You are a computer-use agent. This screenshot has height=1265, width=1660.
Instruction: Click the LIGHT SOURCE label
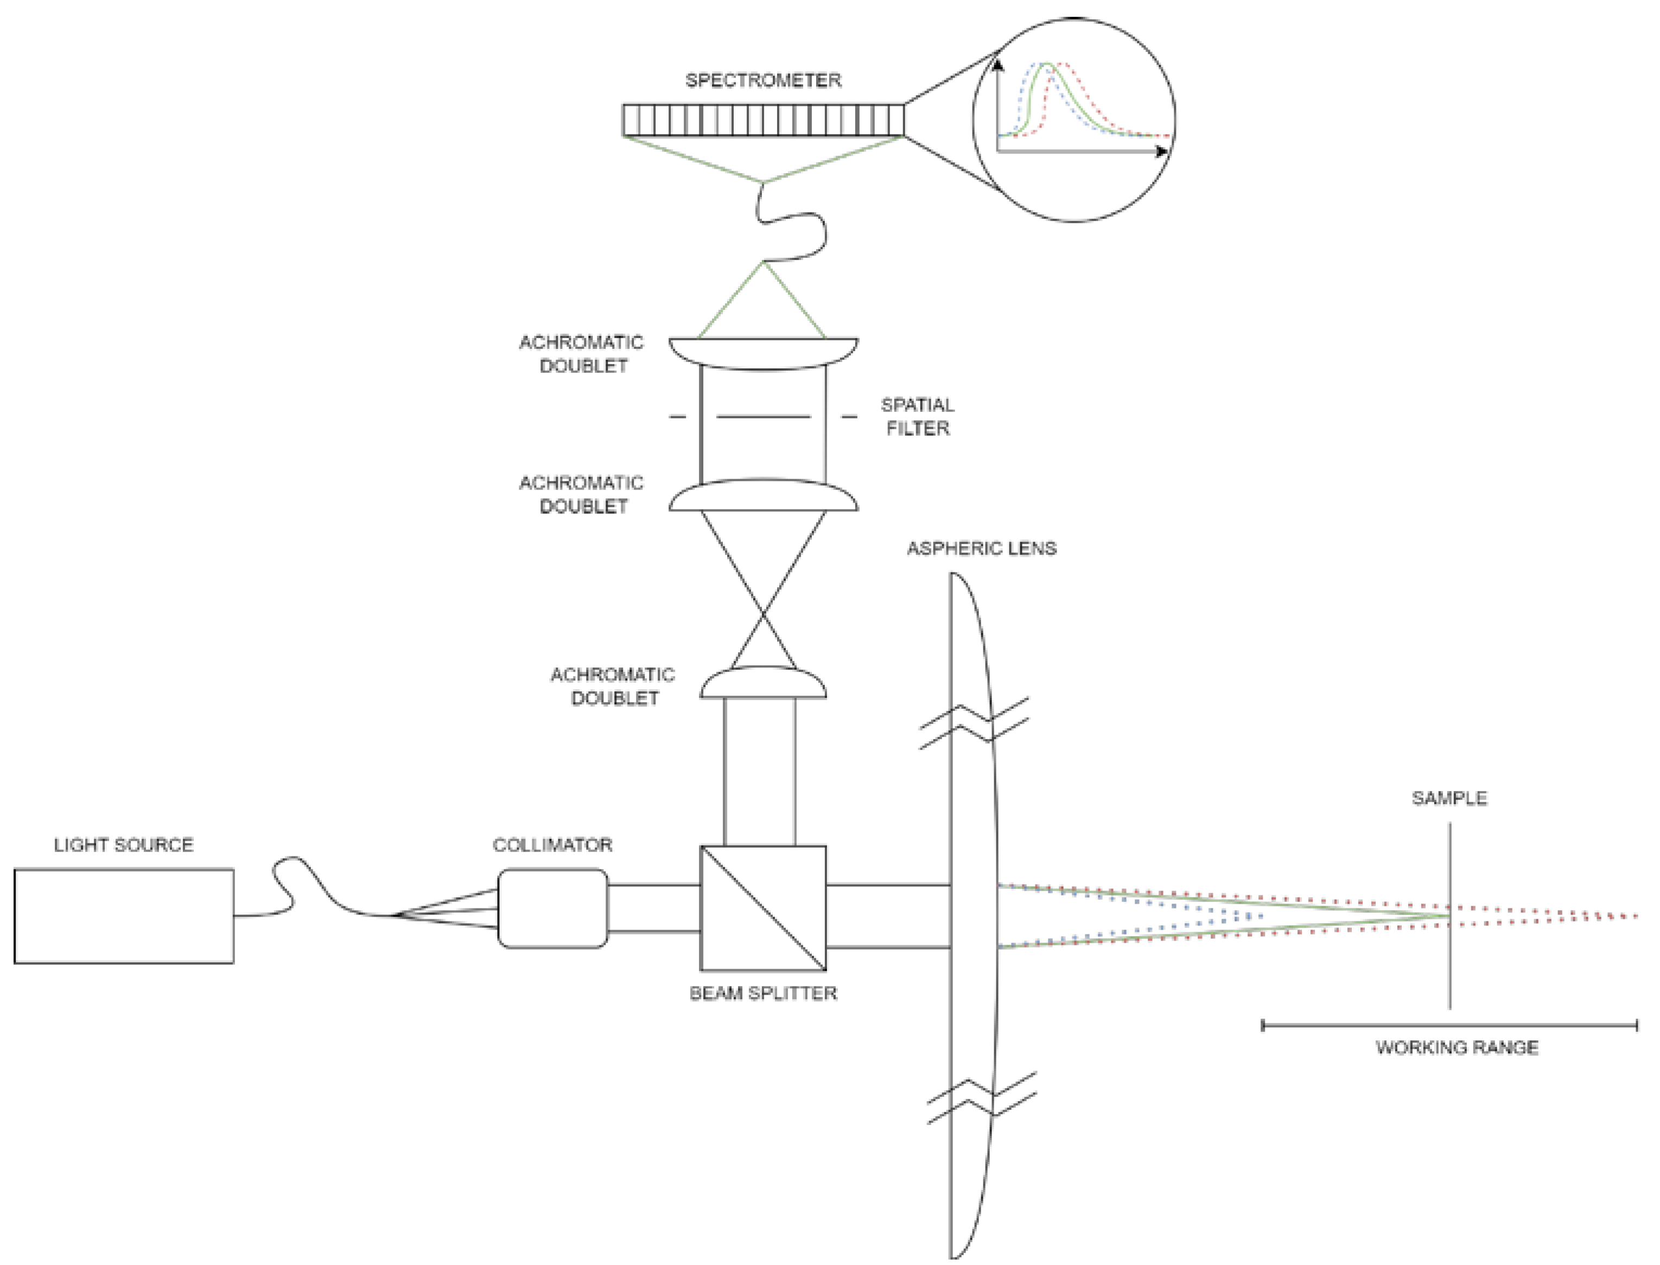[124, 845]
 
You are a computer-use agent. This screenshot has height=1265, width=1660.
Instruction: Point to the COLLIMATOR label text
[552, 845]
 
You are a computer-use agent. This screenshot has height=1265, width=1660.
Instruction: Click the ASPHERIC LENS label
[981, 548]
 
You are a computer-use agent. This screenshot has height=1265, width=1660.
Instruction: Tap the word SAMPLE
[1449, 798]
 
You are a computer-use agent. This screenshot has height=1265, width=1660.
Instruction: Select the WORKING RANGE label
[1457, 1047]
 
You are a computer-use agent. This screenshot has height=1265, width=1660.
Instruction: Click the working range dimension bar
[1449, 1025]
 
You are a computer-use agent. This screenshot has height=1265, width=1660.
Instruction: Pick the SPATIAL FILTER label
[917, 416]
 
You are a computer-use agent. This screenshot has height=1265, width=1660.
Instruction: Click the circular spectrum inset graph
[1074, 120]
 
